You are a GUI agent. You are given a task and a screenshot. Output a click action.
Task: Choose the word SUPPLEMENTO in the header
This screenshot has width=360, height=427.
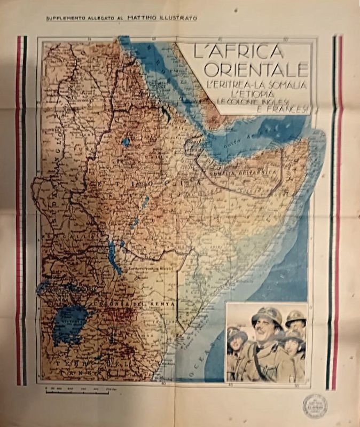pyautogui.click(x=68, y=19)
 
